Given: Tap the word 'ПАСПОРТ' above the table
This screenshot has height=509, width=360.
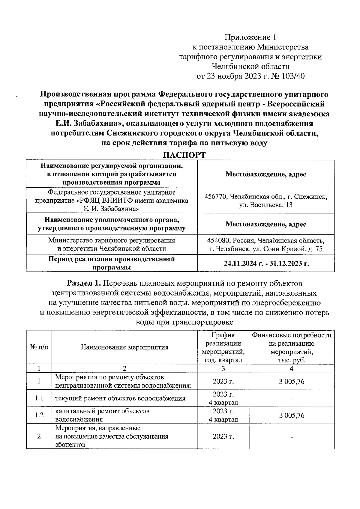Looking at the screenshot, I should [x=184, y=155].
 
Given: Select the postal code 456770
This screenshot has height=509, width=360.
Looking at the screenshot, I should [x=215, y=197].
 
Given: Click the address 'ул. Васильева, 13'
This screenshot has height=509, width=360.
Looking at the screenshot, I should [x=266, y=205].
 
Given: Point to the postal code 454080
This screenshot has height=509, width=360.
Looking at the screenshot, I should [x=218, y=240].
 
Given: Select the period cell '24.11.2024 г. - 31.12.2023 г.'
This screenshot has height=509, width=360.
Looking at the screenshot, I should [x=266, y=263].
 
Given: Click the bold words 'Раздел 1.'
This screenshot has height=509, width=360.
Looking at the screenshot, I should [x=85, y=283].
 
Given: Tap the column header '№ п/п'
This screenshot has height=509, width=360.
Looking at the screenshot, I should [x=39, y=347].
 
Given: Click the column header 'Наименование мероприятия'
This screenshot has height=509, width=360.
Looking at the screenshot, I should [x=124, y=347].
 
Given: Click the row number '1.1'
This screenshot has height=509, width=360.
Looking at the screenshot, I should [x=39, y=398].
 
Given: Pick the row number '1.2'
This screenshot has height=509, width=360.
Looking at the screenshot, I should [x=39, y=415].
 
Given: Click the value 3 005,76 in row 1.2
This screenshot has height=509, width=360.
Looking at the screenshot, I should [x=292, y=415].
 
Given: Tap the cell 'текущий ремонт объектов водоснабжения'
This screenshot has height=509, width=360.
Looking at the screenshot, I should [x=120, y=398].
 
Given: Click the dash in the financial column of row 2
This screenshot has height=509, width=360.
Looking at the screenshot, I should [x=292, y=437].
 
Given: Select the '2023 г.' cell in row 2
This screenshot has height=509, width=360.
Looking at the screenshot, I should [x=223, y=436].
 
